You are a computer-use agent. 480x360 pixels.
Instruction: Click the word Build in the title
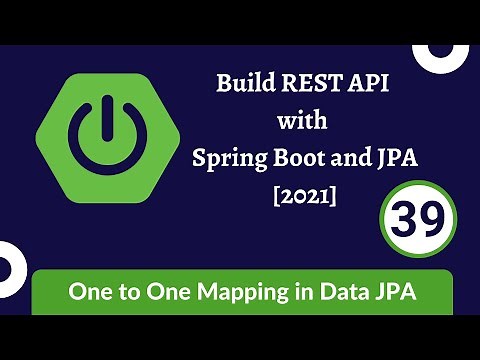[x=244, y=83]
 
